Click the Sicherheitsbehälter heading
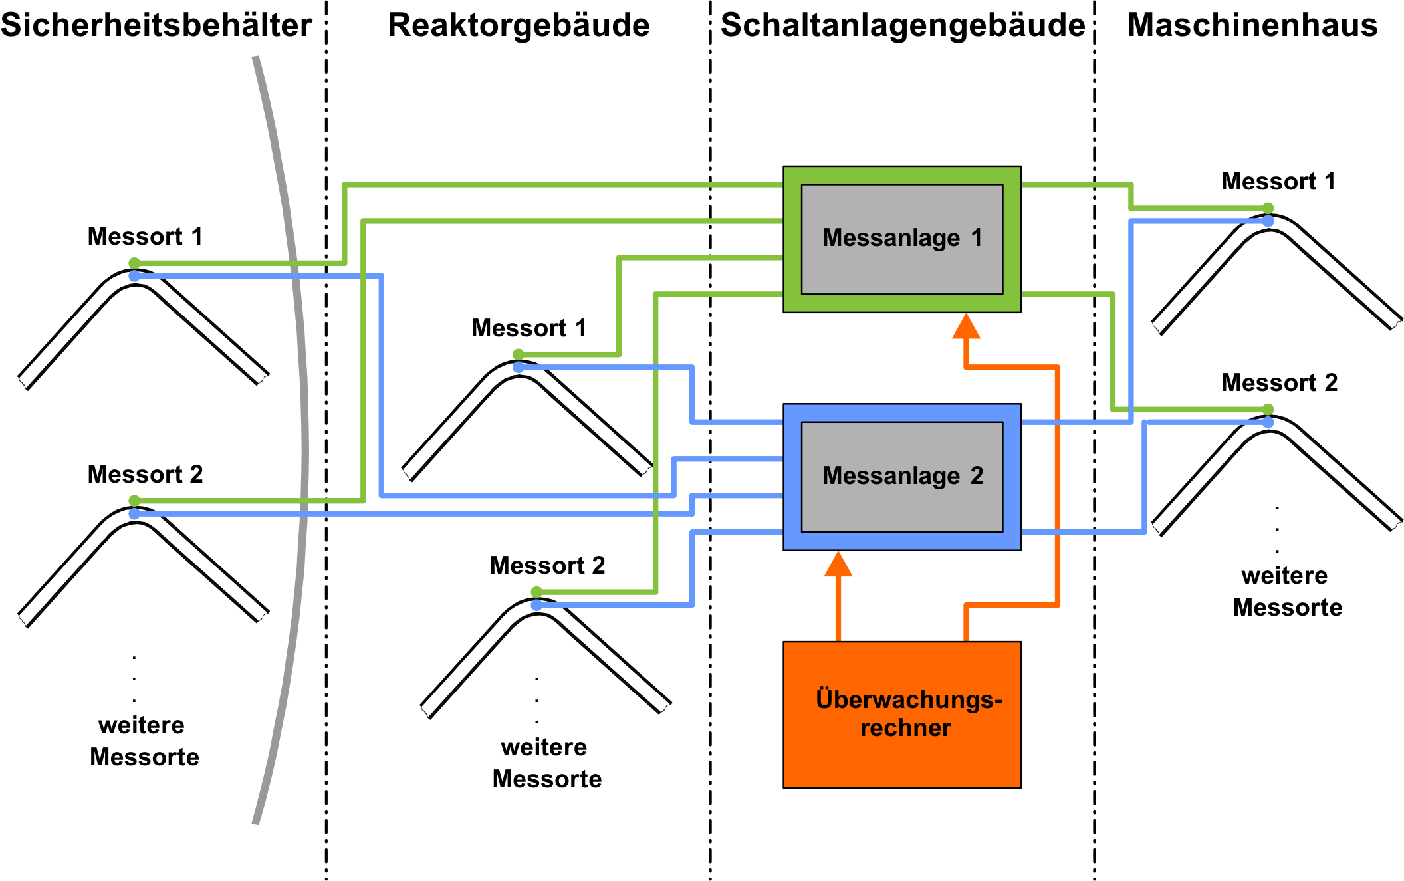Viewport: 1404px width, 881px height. tap(156, 25)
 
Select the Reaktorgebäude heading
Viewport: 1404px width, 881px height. tap(519, 26)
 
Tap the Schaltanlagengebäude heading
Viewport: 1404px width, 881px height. tap(903, 26)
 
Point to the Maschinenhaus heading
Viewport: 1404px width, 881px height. tap(1252, 25)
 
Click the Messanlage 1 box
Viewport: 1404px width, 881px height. tap(902, 239)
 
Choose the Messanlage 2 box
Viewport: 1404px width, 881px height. tap(902, 477)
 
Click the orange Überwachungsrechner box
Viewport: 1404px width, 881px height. tap(902, 715)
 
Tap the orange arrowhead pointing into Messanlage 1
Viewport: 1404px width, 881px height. tap(966, 326)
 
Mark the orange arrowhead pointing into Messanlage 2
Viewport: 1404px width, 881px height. tap(838, 564)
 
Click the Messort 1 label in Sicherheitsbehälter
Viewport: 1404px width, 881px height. tap(145, 237)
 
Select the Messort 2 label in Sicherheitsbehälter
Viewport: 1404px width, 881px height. tap(145, 475)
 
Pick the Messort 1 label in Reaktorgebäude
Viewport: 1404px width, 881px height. tap(529, 328)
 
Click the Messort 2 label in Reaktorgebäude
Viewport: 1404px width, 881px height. tap(548, 566)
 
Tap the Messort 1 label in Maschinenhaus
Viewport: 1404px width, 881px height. tap(1278, 182)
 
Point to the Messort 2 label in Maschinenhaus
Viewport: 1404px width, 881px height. tap(1280, 383)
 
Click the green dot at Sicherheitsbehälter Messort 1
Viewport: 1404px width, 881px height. tap(134, 263)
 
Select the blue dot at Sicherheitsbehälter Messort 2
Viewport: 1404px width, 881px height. tap(134, 513)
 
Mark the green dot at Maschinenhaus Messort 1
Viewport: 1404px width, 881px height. tap(1268, 209)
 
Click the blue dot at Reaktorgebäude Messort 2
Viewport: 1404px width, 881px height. tap(536, 605)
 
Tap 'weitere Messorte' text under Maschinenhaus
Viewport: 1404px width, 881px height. tap(1287, 592)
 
